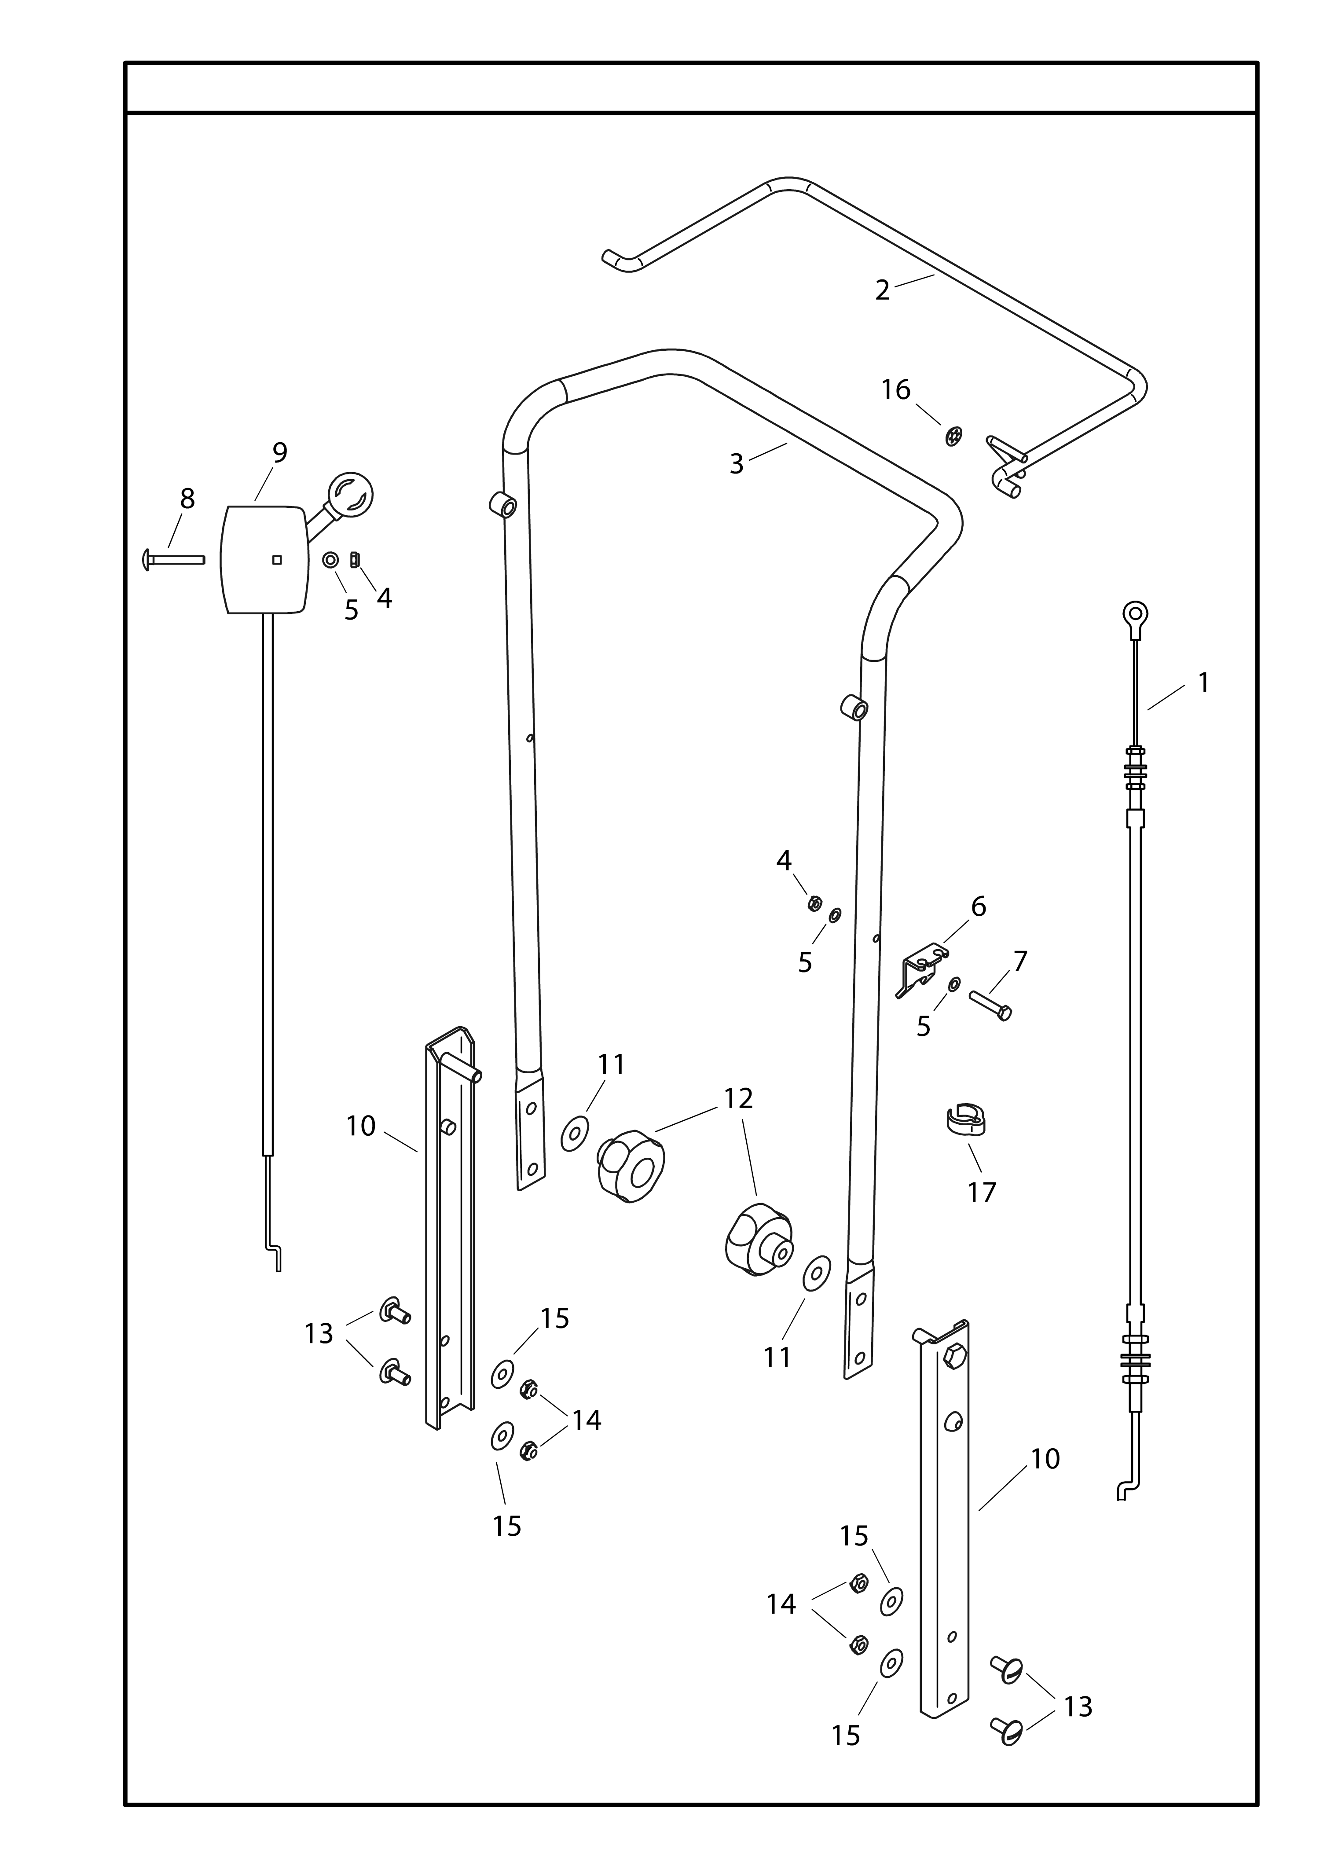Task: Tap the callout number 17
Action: [982, 1193]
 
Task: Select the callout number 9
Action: [280, 452]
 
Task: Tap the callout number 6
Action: [979, 906]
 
